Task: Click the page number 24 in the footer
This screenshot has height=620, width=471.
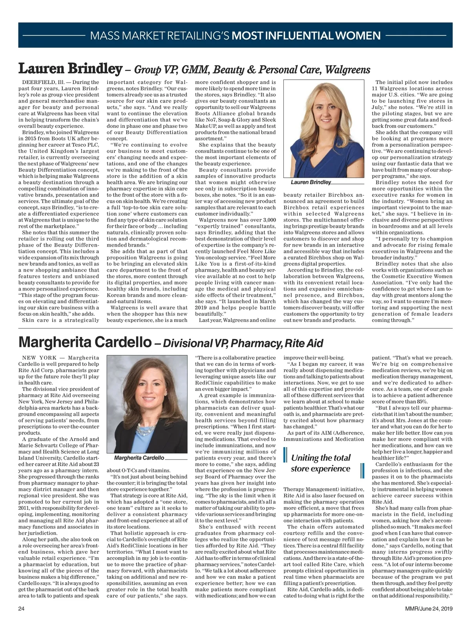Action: coord(22,608)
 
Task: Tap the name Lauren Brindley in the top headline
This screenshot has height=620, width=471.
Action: coord(70,69)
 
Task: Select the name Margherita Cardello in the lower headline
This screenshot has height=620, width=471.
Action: coord(85,343)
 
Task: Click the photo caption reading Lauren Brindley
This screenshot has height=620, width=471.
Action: coord(311,182)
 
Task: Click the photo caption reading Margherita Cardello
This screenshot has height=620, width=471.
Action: coord(139,458)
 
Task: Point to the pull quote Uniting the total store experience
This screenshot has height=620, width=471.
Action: coord(320,463)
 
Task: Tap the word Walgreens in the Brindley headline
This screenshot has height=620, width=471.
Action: coord(348,70)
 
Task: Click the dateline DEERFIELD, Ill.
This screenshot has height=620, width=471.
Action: coord(43,82)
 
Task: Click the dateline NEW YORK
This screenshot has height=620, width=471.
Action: coord(39,358)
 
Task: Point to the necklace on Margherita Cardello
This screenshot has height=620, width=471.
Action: coord(144,430)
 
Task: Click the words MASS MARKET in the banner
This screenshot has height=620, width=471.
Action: coord(128,36)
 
